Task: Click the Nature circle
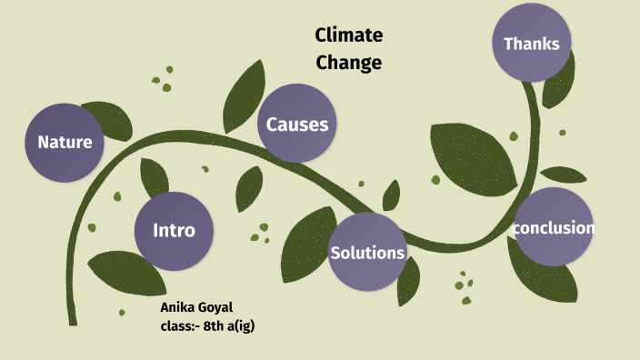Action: (x=65, y=142)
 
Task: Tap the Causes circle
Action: (x=297, y=124)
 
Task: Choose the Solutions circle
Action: (x=366, y=252)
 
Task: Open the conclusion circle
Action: (x=553, y=227)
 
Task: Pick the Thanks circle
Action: (x=532, y=43)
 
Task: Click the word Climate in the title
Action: (x=349, y=35)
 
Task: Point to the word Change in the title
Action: (x=349, y=63)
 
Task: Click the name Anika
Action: (x=178, y=307)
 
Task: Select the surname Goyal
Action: (x=216, y=307)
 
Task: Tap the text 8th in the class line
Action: (x=217, y=325)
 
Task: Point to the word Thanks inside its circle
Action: (x=532, y=43)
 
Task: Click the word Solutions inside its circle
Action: (x=366, y=253)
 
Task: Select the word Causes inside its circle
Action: (x=297, y=125)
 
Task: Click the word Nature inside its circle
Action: (x=65, y=142)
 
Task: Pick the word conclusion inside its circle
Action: (x=553, y=227)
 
